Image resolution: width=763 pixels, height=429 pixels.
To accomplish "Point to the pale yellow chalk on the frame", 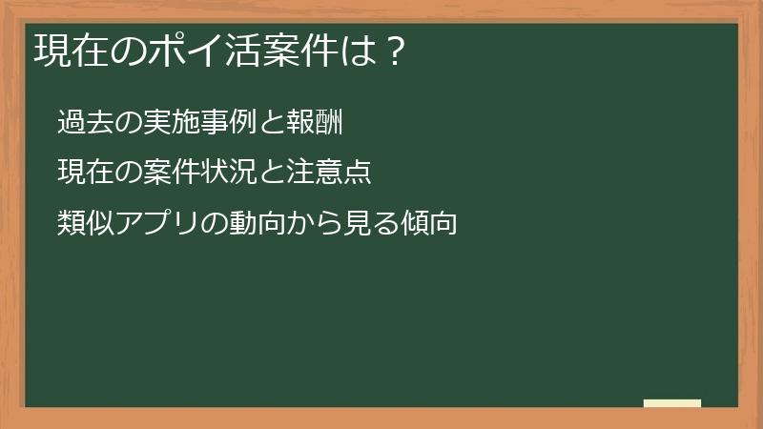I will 671,403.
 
